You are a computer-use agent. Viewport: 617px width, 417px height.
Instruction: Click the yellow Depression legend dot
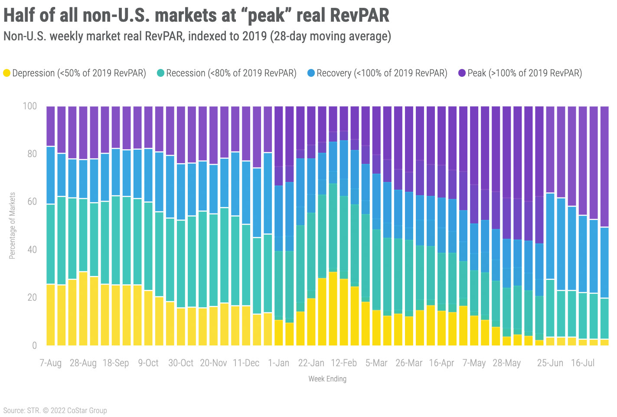(x=7, y=73)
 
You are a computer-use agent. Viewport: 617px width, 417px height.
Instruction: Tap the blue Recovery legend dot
(x=311, y=73)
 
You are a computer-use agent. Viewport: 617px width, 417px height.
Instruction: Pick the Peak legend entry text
(x=525, y=73)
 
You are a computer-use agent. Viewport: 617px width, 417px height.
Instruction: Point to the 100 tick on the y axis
(x=30, y=106)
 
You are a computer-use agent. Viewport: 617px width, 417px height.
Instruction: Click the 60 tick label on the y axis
(x=32, y=202)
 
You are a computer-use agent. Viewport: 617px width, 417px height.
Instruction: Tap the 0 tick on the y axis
(x=35, y=346)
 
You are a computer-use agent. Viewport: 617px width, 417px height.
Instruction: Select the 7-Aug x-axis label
(x=51, y=363)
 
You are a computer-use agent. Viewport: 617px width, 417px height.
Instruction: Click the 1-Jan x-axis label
(x=278, y=363)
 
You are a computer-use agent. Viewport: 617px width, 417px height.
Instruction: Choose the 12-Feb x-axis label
(x=344, y=363)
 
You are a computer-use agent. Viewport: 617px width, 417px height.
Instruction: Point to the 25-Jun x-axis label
(x=550, y=363)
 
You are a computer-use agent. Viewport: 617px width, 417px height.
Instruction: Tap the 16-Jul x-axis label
(x=583, y=363)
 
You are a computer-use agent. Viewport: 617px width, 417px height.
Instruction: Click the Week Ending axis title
(x=327, y=379)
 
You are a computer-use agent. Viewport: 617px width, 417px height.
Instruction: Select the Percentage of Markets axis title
(x=12, y=226)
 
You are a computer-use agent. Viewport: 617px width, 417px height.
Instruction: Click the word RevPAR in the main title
(x=359, y=15)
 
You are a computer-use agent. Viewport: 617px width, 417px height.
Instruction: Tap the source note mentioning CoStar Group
(x=55, y=410)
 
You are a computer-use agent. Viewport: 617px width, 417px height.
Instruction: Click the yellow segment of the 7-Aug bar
(x=51, y=315)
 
